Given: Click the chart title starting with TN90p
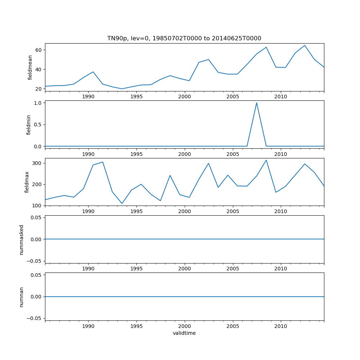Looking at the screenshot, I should tap(184, 38).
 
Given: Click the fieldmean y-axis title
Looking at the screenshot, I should tap(30, 67).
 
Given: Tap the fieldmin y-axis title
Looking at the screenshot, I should tap(29, 125).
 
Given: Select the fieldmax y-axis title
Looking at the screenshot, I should tap(27, 182).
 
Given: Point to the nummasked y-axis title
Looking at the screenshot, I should tap(22, 240).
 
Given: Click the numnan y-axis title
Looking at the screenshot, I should tap(22, 297).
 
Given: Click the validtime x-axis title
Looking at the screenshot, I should tap(184, 333).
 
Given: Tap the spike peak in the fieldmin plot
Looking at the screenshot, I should tap(257, 103).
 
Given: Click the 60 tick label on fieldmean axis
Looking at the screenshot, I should tap(38, 50).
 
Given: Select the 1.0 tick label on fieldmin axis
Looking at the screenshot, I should tap(37, 103).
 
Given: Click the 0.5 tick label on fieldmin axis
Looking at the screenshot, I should tap(37, 125).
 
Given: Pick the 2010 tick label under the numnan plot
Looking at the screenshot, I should tap(280, 326).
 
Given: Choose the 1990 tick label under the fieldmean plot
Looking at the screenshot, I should tap(88, 96).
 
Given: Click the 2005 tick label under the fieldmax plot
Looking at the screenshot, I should tap(233, 211).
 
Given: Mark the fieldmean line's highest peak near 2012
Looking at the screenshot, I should tap(305, 45).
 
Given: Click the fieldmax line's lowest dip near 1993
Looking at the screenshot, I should tap(122, 203).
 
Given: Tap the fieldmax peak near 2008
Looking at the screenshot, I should tap(266, 160).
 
